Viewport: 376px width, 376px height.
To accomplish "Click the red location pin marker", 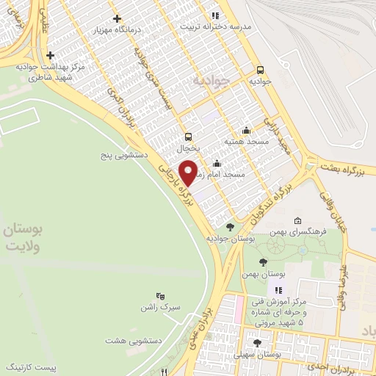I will pos(189,171).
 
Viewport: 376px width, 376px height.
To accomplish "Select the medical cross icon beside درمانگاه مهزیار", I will pos(117,18).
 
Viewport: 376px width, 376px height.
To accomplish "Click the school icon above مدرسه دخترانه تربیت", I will pos(214,14).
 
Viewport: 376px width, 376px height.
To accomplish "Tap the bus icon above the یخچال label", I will pos(189,136).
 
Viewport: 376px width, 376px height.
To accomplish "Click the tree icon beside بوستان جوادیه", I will pos(230,226).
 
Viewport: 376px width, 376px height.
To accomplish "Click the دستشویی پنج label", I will pos(125,156).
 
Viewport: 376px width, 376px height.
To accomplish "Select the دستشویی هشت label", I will pos(126,341).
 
